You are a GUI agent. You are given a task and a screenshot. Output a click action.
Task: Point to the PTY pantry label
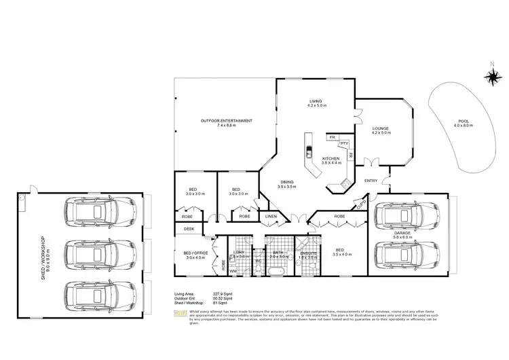tap(345, 144)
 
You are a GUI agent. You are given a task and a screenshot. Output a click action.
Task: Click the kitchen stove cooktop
tap(344, 183)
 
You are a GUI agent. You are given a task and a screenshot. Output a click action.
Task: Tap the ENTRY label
tap(371, 180)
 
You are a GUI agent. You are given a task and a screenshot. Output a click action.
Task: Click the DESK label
tap(189, 229)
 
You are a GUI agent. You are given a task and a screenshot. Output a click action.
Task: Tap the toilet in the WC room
tap(259, 270)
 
